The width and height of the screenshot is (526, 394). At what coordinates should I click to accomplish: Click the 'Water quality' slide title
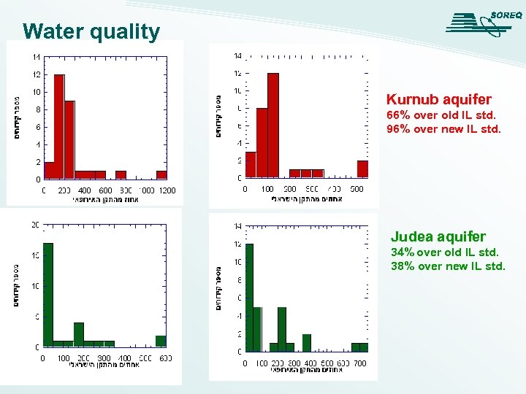click(x=91, y=32)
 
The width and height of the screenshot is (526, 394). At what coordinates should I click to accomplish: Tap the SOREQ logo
click(x=483, y=23)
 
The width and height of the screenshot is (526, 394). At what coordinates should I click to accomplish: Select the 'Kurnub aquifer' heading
click(x=438, y=99)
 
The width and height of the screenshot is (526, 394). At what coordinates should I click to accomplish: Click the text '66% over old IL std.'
click(x=441, y=115)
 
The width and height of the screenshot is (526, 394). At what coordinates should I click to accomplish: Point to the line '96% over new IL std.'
click(x=443, y=129)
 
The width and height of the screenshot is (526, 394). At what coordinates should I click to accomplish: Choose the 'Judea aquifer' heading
click(x=438, y=236)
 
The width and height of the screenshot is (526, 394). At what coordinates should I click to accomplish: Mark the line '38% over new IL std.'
click(x=447, y=266)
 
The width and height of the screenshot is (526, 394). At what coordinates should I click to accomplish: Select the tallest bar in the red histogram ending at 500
click(x=272, y=125)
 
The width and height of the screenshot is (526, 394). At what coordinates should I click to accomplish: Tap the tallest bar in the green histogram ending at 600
click(x=48, y=294)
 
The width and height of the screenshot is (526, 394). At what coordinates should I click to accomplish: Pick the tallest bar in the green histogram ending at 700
click(x=249, y=298)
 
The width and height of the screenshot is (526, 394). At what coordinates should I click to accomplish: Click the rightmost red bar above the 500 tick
click(x=362, y=169)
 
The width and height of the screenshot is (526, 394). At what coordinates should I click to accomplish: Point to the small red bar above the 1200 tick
click(x=161, y=175)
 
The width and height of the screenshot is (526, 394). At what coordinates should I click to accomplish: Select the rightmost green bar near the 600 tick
click(x=161, y=341)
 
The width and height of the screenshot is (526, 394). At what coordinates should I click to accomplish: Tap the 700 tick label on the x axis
click(x=359, y=363)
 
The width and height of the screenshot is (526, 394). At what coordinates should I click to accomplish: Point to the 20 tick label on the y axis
click(x=34, y=225)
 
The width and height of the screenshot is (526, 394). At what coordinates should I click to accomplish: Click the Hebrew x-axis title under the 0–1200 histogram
click(x=106, y=200)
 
